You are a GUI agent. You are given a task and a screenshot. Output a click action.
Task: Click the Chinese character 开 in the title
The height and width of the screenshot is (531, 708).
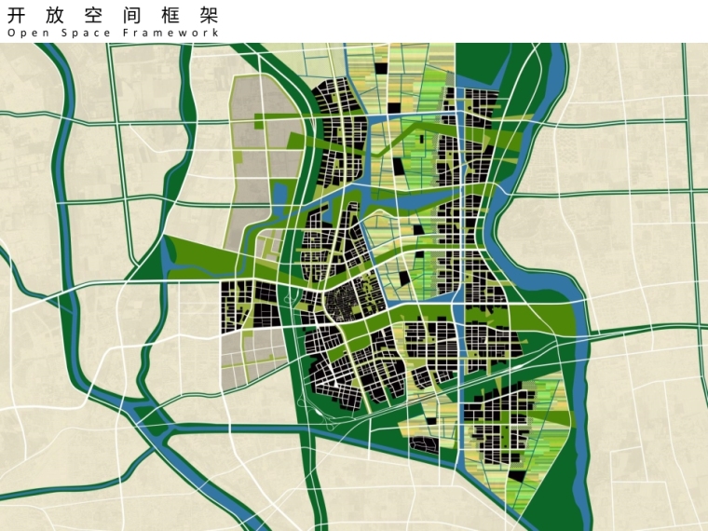click(17, 15)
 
